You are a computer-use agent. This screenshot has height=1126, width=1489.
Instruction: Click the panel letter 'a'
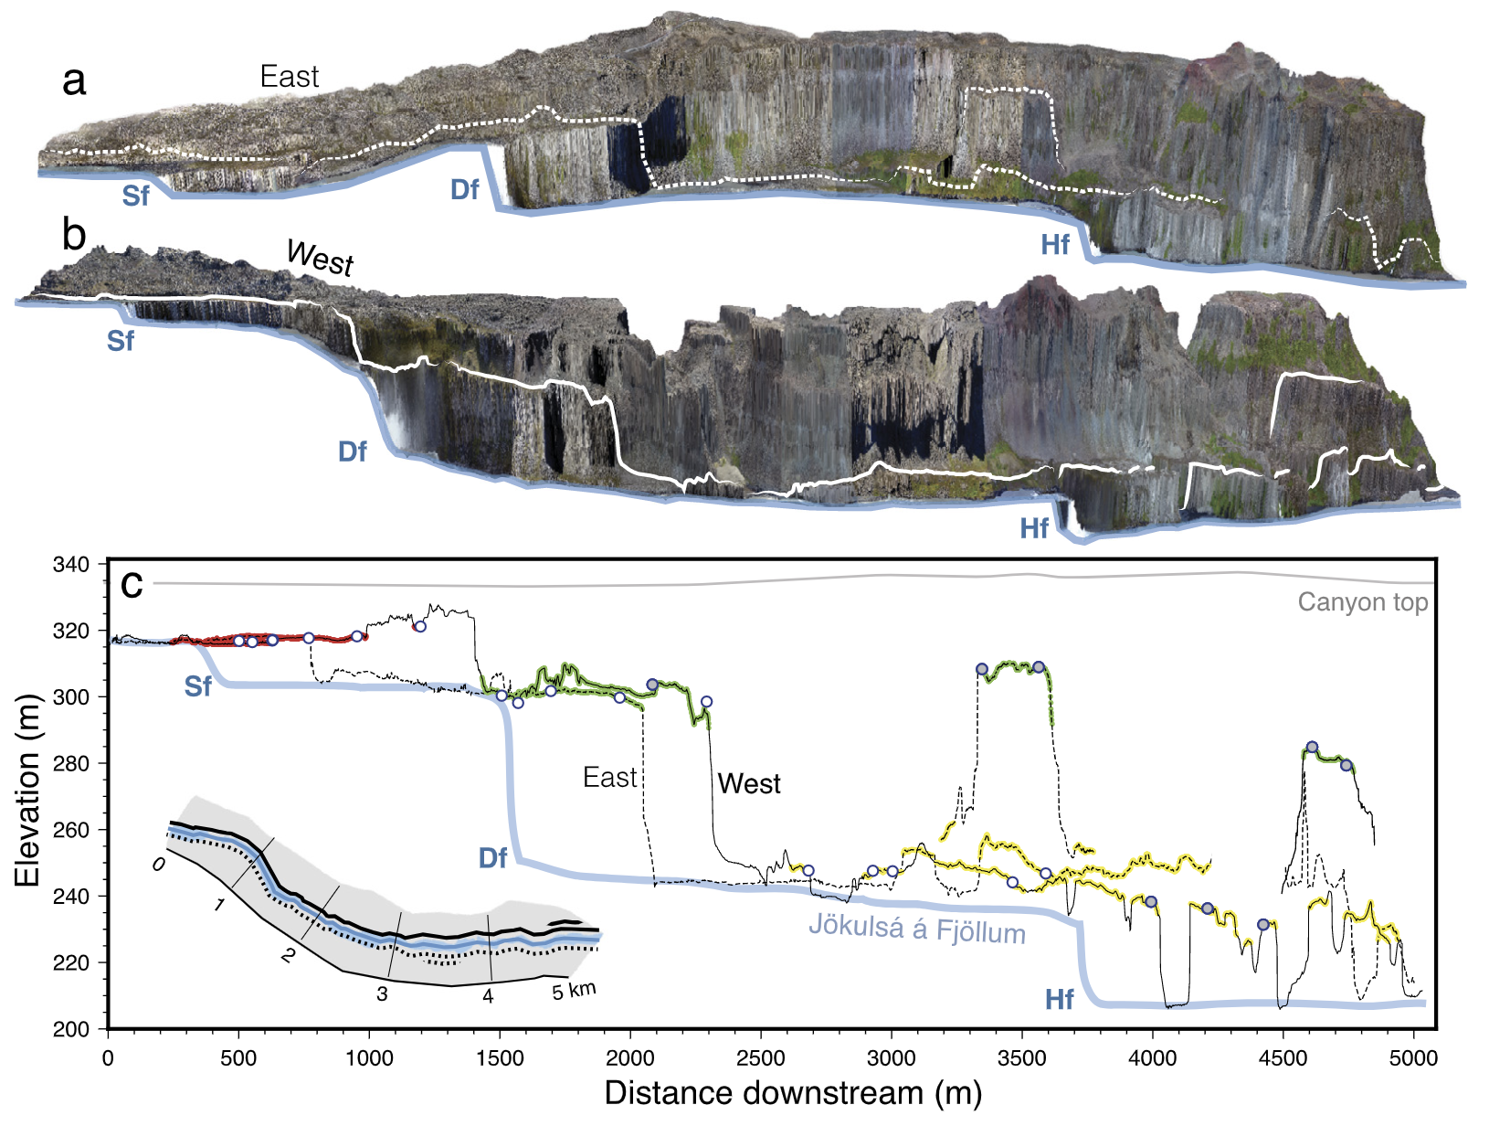pos(74,81)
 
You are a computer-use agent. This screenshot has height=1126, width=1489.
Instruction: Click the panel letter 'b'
pos(74,235)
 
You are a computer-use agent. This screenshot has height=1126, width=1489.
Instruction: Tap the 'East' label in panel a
pos(290,77)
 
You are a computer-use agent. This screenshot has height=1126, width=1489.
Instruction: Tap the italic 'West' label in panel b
pos(320,257)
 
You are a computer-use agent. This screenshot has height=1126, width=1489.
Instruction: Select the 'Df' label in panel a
pos(464,189)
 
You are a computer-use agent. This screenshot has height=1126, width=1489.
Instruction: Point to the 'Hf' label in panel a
pos(1055,244)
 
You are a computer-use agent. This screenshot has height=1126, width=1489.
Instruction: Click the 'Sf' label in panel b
pos(120,341)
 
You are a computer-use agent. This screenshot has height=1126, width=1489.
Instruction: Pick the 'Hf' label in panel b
pos(1034,528)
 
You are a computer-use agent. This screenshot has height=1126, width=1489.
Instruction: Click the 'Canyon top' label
pos(1362,602)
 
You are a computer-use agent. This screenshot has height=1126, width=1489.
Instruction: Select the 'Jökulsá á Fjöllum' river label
pos(917,929)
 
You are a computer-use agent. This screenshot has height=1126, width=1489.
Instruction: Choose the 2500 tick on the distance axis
pos(760,1058)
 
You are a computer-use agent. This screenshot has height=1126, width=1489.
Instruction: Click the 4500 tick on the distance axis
pos(1283,1058)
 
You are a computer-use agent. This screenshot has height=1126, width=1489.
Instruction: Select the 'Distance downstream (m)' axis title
pos(792,1093)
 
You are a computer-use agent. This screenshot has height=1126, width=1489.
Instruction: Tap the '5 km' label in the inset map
pos(574,991)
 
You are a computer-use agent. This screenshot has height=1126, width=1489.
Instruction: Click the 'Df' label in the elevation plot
pos(493,857)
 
